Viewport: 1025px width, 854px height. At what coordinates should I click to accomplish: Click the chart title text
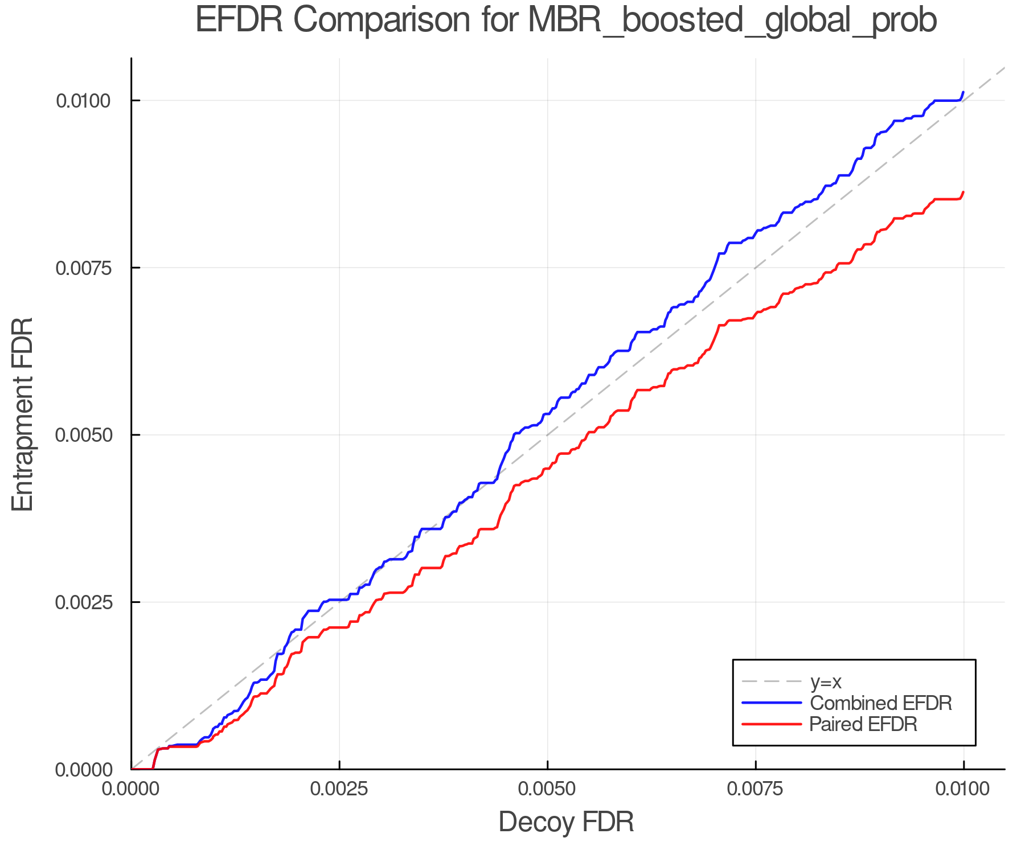(x=566, y=20)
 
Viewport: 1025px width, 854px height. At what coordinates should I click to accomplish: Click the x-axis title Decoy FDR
(x=566, y=822)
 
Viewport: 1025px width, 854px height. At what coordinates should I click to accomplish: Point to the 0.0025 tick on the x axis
(x=339, y=789)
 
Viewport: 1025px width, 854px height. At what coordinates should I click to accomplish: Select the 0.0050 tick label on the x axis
(x=547, y=789)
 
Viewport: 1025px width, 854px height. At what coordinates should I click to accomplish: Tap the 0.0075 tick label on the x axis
(x=756, y=789)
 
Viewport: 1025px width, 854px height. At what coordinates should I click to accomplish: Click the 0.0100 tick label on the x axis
(x=963, y=789)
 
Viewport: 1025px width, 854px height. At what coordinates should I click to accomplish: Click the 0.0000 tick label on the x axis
(x=132, y=789)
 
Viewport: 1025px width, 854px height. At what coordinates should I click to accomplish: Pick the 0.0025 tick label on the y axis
(x=83, y=602)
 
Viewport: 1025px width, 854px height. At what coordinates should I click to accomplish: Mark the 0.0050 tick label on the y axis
(x=83, y=435)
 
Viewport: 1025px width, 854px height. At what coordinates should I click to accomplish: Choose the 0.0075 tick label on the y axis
(x=83, y=268)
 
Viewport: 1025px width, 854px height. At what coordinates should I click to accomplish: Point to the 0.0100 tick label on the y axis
(x=83, y=101)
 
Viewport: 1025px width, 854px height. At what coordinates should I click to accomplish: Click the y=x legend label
(x=825, y=681)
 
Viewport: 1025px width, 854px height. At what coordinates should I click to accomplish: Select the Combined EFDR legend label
(x=880, y=703)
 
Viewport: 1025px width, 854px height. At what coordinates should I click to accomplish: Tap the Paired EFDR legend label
(x=863, y=724)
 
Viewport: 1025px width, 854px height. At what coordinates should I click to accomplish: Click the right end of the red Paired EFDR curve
(x=963, y=192)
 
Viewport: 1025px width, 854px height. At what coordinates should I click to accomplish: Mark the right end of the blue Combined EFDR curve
(x=963, y=92)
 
